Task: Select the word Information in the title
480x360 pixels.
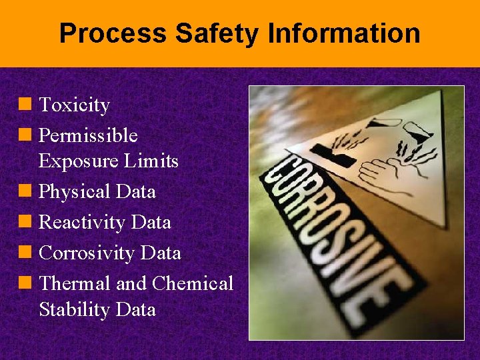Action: [336, 33]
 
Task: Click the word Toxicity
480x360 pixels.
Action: [74, 105]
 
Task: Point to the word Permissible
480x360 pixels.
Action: [88, 136]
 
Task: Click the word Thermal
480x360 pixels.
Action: [75, 284]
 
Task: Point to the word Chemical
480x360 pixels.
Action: [193, 284]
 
